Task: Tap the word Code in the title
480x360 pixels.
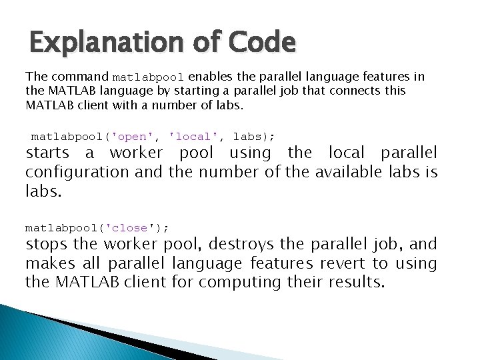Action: [263, 43]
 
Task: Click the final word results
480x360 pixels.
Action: [357, 282]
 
